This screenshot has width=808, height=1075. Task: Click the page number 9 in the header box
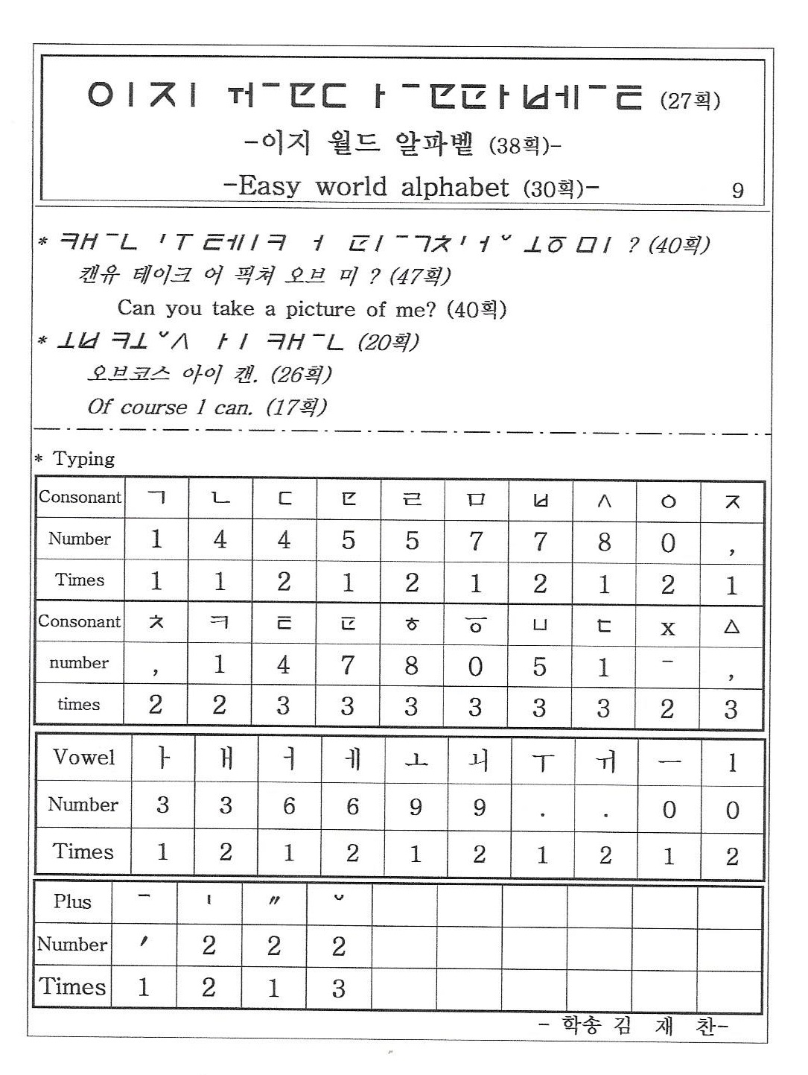pos(737,190)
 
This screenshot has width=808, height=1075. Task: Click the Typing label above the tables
pos(83,459)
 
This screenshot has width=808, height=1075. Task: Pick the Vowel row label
pos(84,758)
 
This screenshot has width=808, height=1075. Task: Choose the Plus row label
pos(72,901)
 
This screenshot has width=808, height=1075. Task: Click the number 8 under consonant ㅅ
pos(604,542)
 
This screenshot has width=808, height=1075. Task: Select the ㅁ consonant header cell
pos(476,501)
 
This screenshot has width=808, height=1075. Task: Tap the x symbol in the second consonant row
pos(668,627)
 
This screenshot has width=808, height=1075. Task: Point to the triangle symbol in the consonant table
pos(731,627)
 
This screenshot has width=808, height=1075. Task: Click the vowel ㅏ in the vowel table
pos(163,759)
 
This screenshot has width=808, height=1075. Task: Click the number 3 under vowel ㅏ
pos(162,805)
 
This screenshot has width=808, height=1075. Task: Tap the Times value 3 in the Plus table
pos(338,989)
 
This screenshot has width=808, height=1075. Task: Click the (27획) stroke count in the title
pos(690,101)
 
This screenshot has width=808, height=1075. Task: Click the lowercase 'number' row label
pos(79,662)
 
